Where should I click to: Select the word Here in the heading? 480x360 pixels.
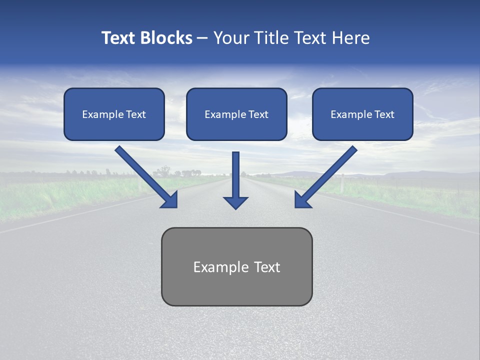tap(350, 38)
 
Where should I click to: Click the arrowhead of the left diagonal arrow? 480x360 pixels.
tap(169, 199)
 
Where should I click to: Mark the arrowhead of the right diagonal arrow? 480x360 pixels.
tap(303, 199)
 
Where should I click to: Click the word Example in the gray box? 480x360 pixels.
tap(214, 267)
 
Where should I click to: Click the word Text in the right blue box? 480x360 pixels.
tap(384, 114)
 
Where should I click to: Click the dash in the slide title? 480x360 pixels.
tap(202, 38)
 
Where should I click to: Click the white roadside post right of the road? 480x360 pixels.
tap(342, 183)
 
